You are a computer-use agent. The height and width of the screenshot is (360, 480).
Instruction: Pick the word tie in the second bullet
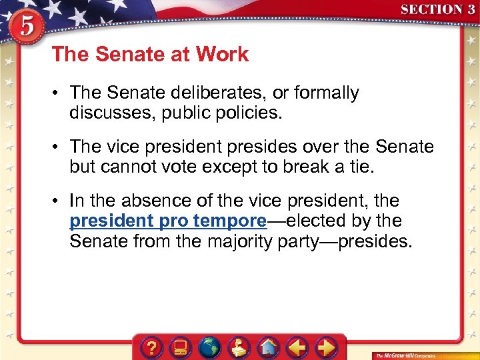pos(361,167)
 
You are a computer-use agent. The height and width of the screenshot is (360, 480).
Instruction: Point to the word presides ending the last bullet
pos(375,241)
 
